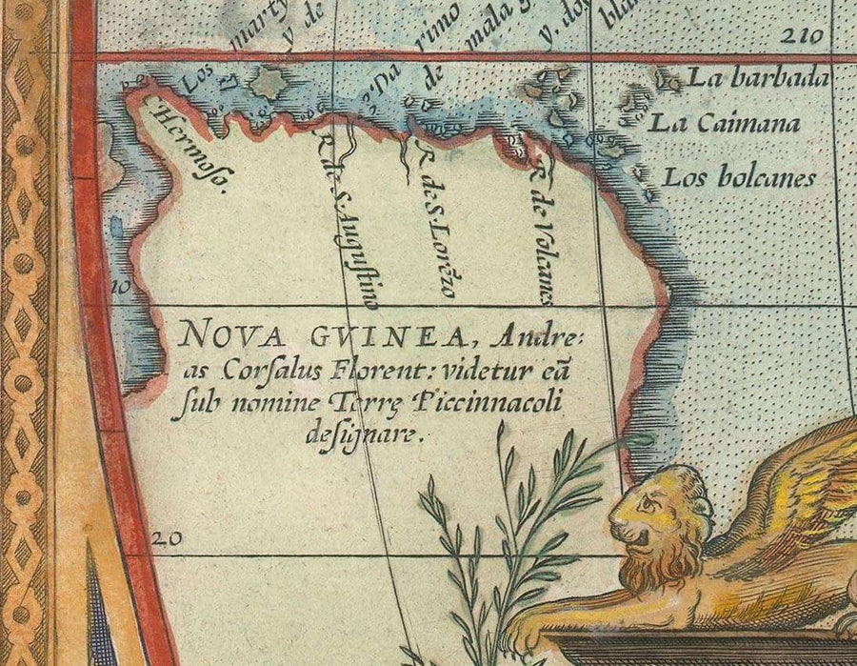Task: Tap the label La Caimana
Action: [725, 123]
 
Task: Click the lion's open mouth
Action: [636, 542]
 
